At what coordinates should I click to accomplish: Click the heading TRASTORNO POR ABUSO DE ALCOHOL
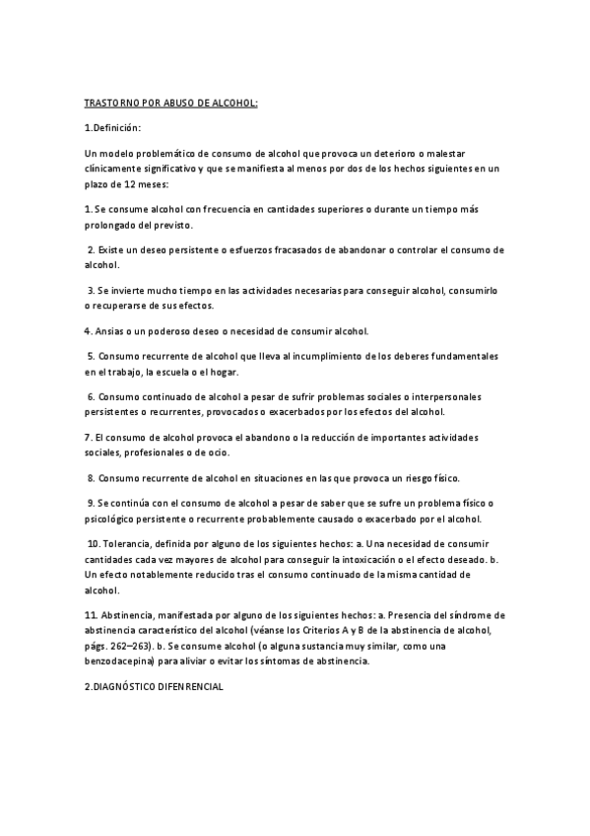click(x=170, y=103)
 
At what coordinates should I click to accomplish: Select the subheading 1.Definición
click(x=113, y=128)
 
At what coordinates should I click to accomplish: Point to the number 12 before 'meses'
click(x=128, y=183)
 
